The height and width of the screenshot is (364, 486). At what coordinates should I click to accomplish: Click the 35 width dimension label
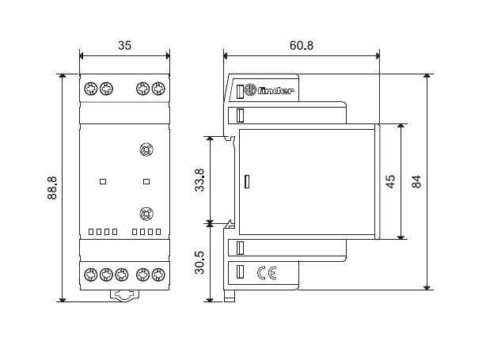[124, 45]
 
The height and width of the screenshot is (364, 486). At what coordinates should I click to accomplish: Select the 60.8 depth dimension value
[302, 45]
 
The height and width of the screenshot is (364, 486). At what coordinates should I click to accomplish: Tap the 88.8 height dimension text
[52, 188]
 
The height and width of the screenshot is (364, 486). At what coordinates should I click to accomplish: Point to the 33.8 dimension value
[199, 180]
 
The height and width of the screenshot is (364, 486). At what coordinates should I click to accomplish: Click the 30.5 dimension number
[199, 263]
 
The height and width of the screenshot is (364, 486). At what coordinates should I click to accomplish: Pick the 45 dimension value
[391, 181]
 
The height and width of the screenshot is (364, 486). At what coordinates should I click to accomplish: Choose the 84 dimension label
[417, 181]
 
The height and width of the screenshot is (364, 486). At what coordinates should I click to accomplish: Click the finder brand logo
[268, 90]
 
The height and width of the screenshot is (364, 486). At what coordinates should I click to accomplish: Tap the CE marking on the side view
[267, 273]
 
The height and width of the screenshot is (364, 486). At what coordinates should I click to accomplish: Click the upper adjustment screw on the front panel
[146, 150]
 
